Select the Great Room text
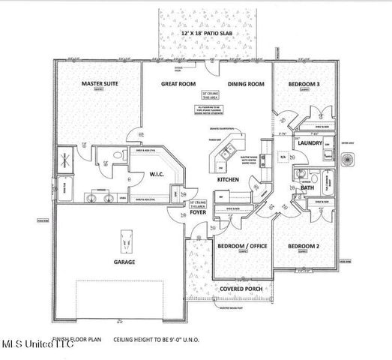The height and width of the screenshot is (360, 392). [178, 85]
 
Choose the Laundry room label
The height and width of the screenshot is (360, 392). [308, 142]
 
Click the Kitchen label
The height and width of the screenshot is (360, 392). [228, 181]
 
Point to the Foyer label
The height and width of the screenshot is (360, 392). [197, 212]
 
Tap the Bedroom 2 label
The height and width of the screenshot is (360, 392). [304, 246]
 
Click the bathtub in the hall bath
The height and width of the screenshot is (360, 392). [329, 184]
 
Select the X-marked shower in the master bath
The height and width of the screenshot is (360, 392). [66, 158]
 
